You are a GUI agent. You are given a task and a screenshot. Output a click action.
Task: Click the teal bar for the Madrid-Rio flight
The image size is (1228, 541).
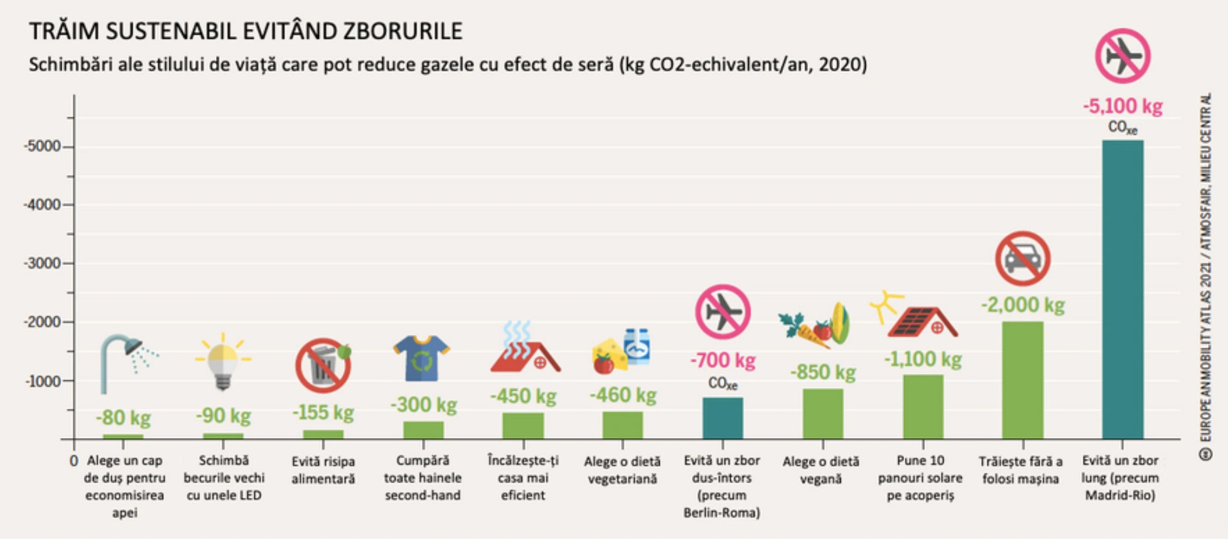1123,289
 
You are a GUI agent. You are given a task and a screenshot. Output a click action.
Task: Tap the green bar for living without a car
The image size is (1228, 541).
1022,380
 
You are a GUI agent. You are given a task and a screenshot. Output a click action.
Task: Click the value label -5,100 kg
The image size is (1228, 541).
1123,106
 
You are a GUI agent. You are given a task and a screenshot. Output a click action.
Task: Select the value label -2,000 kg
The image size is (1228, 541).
1023,306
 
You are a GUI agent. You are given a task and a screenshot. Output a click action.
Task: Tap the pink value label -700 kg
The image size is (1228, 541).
723,360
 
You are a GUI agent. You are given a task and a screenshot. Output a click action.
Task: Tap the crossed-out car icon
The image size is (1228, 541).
1023,259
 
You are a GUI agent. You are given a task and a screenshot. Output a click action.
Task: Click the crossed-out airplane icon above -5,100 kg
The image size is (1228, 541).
1123,56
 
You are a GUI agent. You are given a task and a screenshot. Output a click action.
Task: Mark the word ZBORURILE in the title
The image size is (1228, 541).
402,31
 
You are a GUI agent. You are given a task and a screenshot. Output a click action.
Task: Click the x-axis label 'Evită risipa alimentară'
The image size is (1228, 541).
323,470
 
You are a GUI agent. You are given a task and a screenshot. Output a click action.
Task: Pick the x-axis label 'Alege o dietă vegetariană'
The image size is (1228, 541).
622,470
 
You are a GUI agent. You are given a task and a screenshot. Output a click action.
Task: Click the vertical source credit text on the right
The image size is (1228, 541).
1205,276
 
